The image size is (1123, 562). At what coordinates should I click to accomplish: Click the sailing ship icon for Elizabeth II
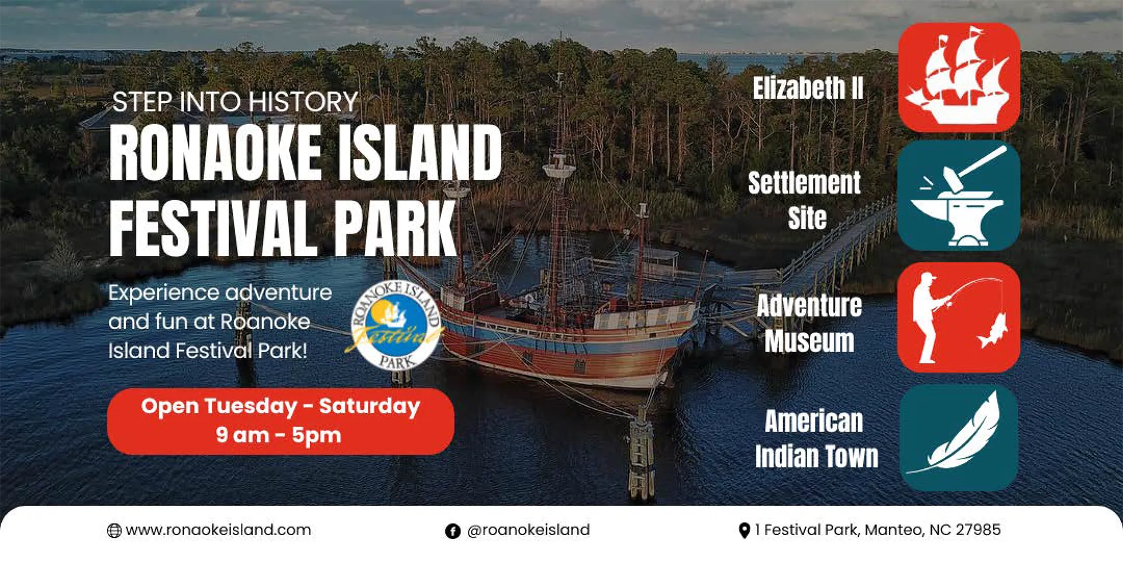959,77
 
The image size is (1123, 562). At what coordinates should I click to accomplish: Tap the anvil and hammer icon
959,196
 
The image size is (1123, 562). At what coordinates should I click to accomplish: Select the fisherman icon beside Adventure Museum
959,317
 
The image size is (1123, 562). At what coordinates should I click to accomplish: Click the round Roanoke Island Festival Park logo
396,326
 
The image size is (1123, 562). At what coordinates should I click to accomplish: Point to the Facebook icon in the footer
453,531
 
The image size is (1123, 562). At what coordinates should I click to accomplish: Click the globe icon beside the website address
114,531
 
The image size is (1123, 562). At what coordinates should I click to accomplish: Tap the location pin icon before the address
744,530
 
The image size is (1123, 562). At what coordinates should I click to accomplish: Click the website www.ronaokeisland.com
218,530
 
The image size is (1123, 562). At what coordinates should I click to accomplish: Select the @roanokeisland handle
528,530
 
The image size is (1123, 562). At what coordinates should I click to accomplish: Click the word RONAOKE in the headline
215,153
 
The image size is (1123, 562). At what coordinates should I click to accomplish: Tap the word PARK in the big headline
395,228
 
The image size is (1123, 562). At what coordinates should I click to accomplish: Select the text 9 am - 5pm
278,435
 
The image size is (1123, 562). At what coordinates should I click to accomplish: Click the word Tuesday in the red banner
251,406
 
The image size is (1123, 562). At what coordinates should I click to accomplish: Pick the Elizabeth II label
808,88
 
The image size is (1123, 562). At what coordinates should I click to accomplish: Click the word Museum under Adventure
809,341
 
